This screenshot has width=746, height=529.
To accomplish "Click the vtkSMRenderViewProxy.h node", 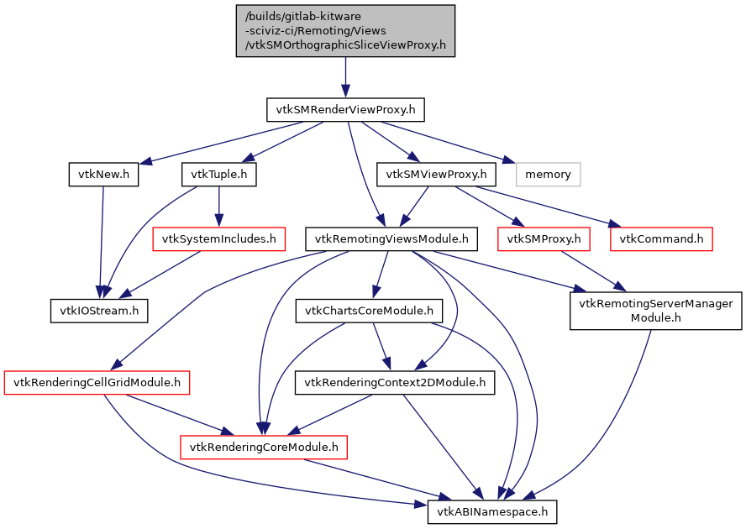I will pyautogui.click(x=345, y=109).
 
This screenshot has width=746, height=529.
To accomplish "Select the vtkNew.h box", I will pyautogui.click(x=102, y=175).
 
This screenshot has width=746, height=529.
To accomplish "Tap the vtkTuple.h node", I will pyautogui.click(x=218, y=175).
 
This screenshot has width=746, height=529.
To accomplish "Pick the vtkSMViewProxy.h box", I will pyautogui.click(x=436, y=175).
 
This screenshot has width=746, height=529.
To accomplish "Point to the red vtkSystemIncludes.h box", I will pyautogui.click(x=218, y=239).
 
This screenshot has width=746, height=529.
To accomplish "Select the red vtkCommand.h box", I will pyautogui.click(x=661, y=239).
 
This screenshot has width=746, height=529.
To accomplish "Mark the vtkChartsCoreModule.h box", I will pyautogui.click(x=369, y=311).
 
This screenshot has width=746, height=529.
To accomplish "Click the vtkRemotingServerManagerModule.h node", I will pyautogui.click(x=656, y=311).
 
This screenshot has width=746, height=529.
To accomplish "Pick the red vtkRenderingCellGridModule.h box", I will pyautogui.click(x=97, y=383).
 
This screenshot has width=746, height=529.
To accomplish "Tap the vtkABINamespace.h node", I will pyautogui.click(x=492, y=511).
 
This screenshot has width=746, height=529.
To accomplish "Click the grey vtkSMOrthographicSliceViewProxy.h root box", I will pyautogui.click(x=345, y=30).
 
